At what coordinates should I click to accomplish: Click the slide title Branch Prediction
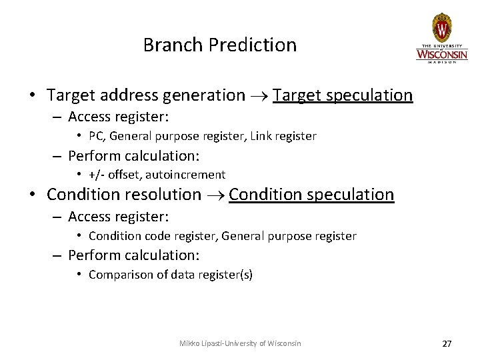(219, 45)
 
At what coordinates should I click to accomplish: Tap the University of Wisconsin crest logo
(441, 27)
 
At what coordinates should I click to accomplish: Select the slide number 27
(447, 343)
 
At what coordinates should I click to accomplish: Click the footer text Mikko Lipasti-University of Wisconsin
(240, 343)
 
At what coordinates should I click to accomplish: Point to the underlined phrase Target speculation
(343, 95)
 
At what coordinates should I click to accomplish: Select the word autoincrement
(189, 175)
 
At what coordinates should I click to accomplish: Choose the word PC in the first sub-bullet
(96, 136)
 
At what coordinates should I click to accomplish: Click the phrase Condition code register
(152, 235)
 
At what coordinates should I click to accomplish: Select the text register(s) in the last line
(229, 275)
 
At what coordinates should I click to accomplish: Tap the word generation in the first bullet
(205, 96)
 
